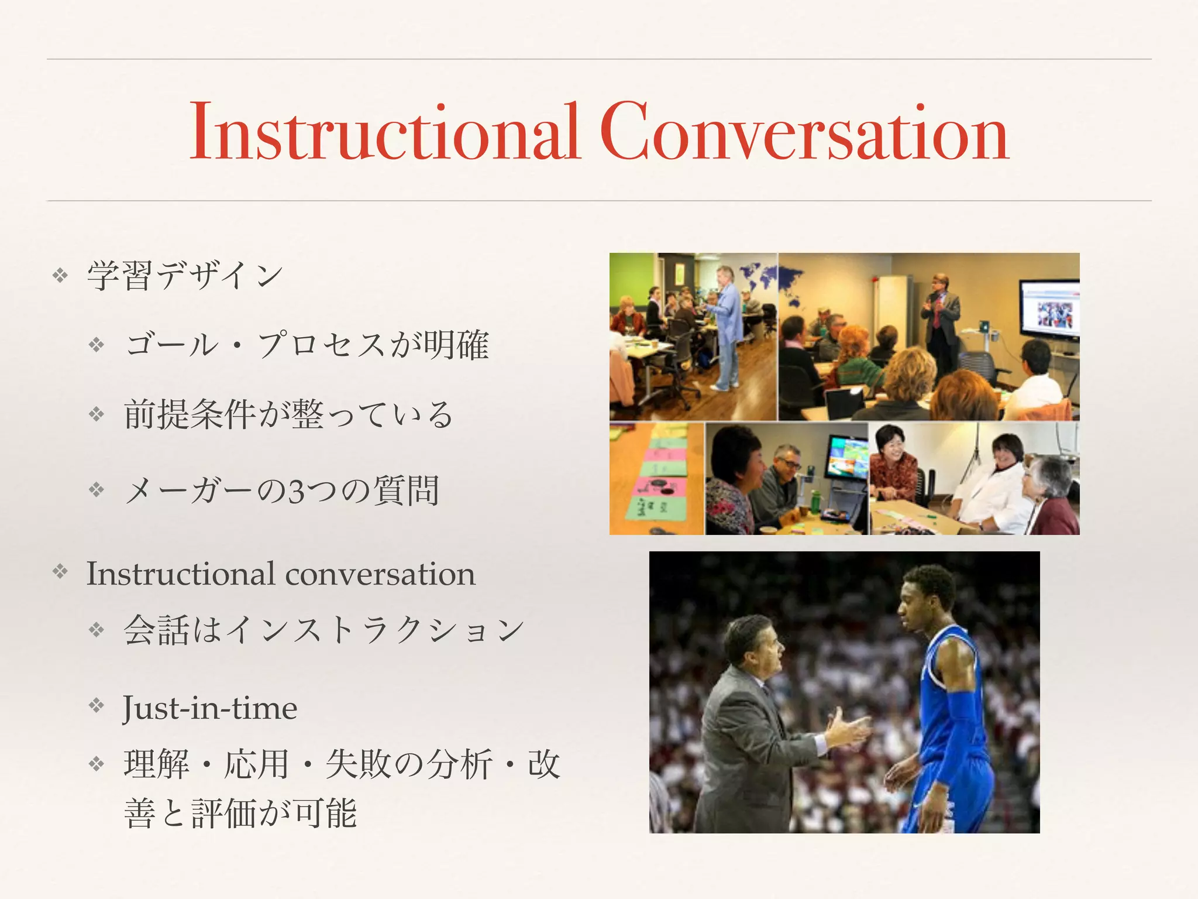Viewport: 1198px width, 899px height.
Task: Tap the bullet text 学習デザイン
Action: [185, 275]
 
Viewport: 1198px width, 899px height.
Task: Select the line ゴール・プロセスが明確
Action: [307, 345]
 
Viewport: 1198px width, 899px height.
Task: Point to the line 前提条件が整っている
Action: [288, 415]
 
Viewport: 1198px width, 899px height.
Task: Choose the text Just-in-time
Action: [210, 708]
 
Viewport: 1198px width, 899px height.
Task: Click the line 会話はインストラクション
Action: [323, 631]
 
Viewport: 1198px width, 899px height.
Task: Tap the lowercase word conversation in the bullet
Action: [380, 574]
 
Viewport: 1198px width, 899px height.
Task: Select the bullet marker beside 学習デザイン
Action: [60, 274]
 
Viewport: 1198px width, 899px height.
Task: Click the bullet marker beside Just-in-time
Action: [96, 705]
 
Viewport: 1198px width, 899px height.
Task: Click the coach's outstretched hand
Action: [848, 729]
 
